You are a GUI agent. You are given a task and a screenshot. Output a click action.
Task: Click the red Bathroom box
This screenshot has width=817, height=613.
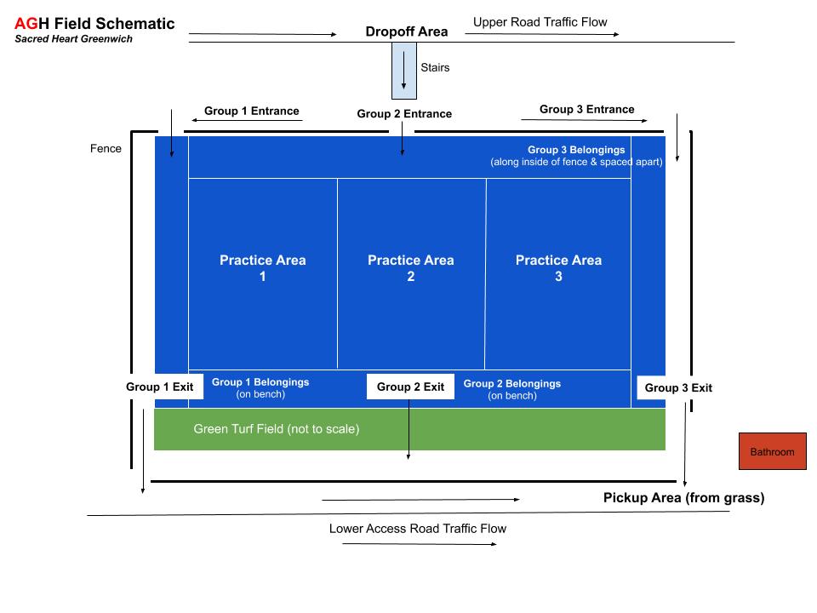772,452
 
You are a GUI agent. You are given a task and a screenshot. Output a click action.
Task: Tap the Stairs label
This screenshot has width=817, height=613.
435,67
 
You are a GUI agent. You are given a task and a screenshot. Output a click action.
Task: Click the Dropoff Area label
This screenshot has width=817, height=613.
407,32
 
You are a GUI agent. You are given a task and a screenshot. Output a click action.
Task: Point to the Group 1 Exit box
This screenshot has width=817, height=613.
160,387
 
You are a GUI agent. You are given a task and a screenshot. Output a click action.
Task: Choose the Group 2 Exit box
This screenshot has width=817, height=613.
410,387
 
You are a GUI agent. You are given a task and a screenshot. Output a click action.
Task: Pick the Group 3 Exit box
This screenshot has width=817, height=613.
678,388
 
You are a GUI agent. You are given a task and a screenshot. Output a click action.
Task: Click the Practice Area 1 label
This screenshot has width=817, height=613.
263,268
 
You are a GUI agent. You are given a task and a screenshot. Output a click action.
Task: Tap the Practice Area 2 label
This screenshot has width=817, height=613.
411,268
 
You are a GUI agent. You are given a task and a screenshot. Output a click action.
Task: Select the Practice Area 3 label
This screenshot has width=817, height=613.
558,268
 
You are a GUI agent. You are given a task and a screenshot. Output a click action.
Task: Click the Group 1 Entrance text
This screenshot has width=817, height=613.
252,112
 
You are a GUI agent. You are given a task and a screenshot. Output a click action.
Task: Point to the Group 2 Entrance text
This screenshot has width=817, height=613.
404,114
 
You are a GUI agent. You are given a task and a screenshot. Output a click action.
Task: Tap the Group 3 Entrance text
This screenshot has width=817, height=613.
587,110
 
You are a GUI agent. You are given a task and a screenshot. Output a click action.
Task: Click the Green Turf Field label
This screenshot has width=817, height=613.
277,429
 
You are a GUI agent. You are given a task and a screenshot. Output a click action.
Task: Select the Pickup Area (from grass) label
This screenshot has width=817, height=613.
683,498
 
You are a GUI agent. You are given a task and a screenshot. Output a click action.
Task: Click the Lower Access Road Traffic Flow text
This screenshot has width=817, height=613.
418,529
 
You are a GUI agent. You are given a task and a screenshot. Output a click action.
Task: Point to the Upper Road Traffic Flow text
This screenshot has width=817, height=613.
540,22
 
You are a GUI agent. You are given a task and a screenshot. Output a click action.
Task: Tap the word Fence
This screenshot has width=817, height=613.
106,149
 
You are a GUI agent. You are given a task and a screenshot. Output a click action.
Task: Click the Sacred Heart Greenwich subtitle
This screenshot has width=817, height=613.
73,39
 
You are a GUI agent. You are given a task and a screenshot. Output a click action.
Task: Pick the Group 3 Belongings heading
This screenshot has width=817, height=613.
576,150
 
